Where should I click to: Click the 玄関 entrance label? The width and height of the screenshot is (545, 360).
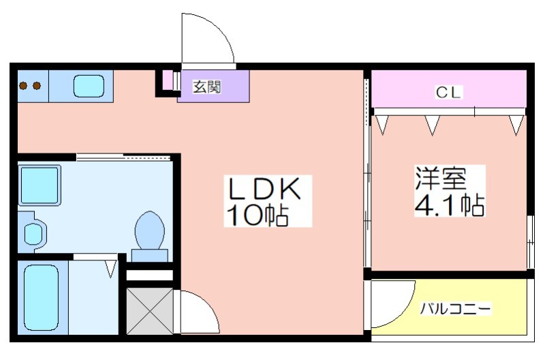pos(207,87)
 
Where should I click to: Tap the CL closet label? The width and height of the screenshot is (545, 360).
pos(448,93)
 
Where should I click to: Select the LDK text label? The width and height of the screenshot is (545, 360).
pos(264,188)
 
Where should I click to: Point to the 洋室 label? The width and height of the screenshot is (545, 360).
pos(440,178)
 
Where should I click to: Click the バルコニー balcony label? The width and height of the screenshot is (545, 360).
pos(456,308)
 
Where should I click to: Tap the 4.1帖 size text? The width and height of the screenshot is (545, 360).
pos(450,205)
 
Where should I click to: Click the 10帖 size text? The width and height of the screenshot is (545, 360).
pos(258,215)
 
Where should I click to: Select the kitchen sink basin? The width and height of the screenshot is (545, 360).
pos(89,87)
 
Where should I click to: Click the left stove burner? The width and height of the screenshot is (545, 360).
pos(24,85)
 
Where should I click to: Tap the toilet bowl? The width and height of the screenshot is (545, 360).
pos(149,230)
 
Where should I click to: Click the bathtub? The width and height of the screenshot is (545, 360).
pos(41,298)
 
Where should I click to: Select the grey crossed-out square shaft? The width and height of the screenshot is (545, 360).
pos(150,311)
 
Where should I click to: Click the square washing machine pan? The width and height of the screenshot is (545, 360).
pos(40,185)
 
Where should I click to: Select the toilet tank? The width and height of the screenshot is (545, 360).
pos(150,255)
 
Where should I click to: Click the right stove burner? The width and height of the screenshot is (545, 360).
pos(37,85)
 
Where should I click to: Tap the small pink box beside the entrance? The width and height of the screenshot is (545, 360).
pos(168,81)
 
